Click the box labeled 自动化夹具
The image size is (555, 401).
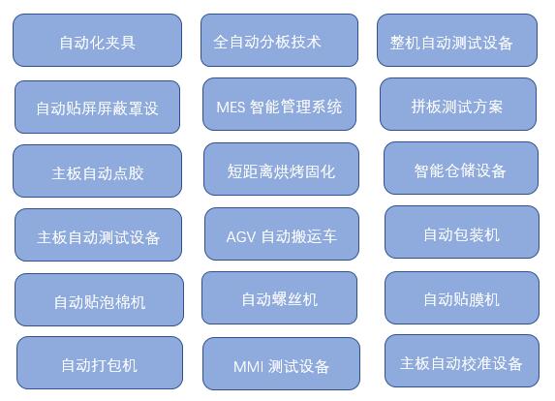tap(97, 40)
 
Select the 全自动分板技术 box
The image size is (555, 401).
tap(279, 40)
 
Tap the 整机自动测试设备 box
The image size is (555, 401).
tap(457, 40)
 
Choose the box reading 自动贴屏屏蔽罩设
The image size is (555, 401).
tap(97, 107)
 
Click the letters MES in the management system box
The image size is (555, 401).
tap(231, 108)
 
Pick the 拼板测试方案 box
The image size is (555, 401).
tap(458, 104)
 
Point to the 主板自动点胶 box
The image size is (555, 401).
tap(97, 170)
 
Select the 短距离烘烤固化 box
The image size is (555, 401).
tap(282, 169)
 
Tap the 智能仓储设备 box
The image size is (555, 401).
tap(461, 169)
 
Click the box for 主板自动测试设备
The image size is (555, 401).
tap(98, 235)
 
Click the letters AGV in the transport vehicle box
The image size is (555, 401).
tap(240, 236)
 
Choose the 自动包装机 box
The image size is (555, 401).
tap(462, 232)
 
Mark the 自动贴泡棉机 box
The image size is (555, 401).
tap(99, 299)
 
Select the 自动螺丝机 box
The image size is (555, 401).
tap(279, 297)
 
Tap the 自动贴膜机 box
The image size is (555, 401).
tap(462, 297)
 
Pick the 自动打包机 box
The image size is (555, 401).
tap(100, 363)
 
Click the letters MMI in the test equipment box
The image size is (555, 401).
tap(248, 366)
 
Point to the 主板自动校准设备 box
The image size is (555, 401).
tap(462, 360)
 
